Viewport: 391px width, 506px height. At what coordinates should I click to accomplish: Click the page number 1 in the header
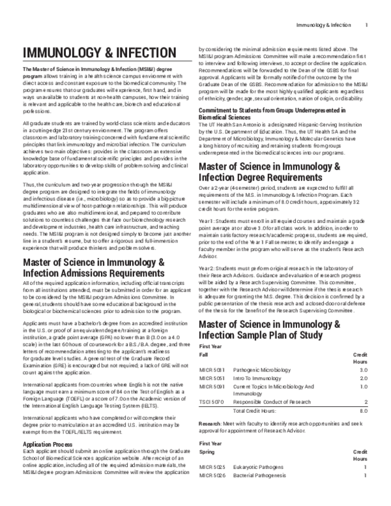[367, 25]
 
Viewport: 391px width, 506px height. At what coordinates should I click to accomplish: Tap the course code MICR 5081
[212, 370]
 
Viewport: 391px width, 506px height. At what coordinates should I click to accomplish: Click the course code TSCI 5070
[212, 401]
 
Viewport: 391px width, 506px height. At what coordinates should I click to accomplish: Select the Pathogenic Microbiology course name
[263, 370]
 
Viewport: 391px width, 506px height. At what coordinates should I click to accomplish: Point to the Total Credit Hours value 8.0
[364, 411]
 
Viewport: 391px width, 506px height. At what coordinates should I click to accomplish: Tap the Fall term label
[203, 354]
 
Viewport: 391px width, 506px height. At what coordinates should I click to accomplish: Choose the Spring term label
[207, 451]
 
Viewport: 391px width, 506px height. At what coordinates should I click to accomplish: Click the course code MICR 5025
[212, 467]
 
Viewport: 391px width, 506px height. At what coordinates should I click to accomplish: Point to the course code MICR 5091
[212, 386]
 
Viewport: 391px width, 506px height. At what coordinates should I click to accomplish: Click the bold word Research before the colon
[211, 424]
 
